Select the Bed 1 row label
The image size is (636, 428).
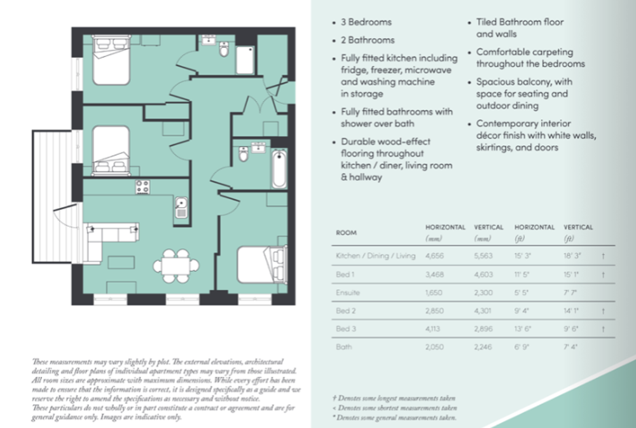tap(344, 274)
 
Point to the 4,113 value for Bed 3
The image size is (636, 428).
tap(434, 329)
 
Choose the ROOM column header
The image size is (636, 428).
tap(346, 233)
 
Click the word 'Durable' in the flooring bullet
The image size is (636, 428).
tap(358, 142)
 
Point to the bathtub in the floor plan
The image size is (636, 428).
tap(279, 169)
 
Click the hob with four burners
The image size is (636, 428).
tap(142, 187)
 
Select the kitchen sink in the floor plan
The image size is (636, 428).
tap(181, 207)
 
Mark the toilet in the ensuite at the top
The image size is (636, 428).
tap(224, 49)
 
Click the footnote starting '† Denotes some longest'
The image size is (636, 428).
tap(389, 397)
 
